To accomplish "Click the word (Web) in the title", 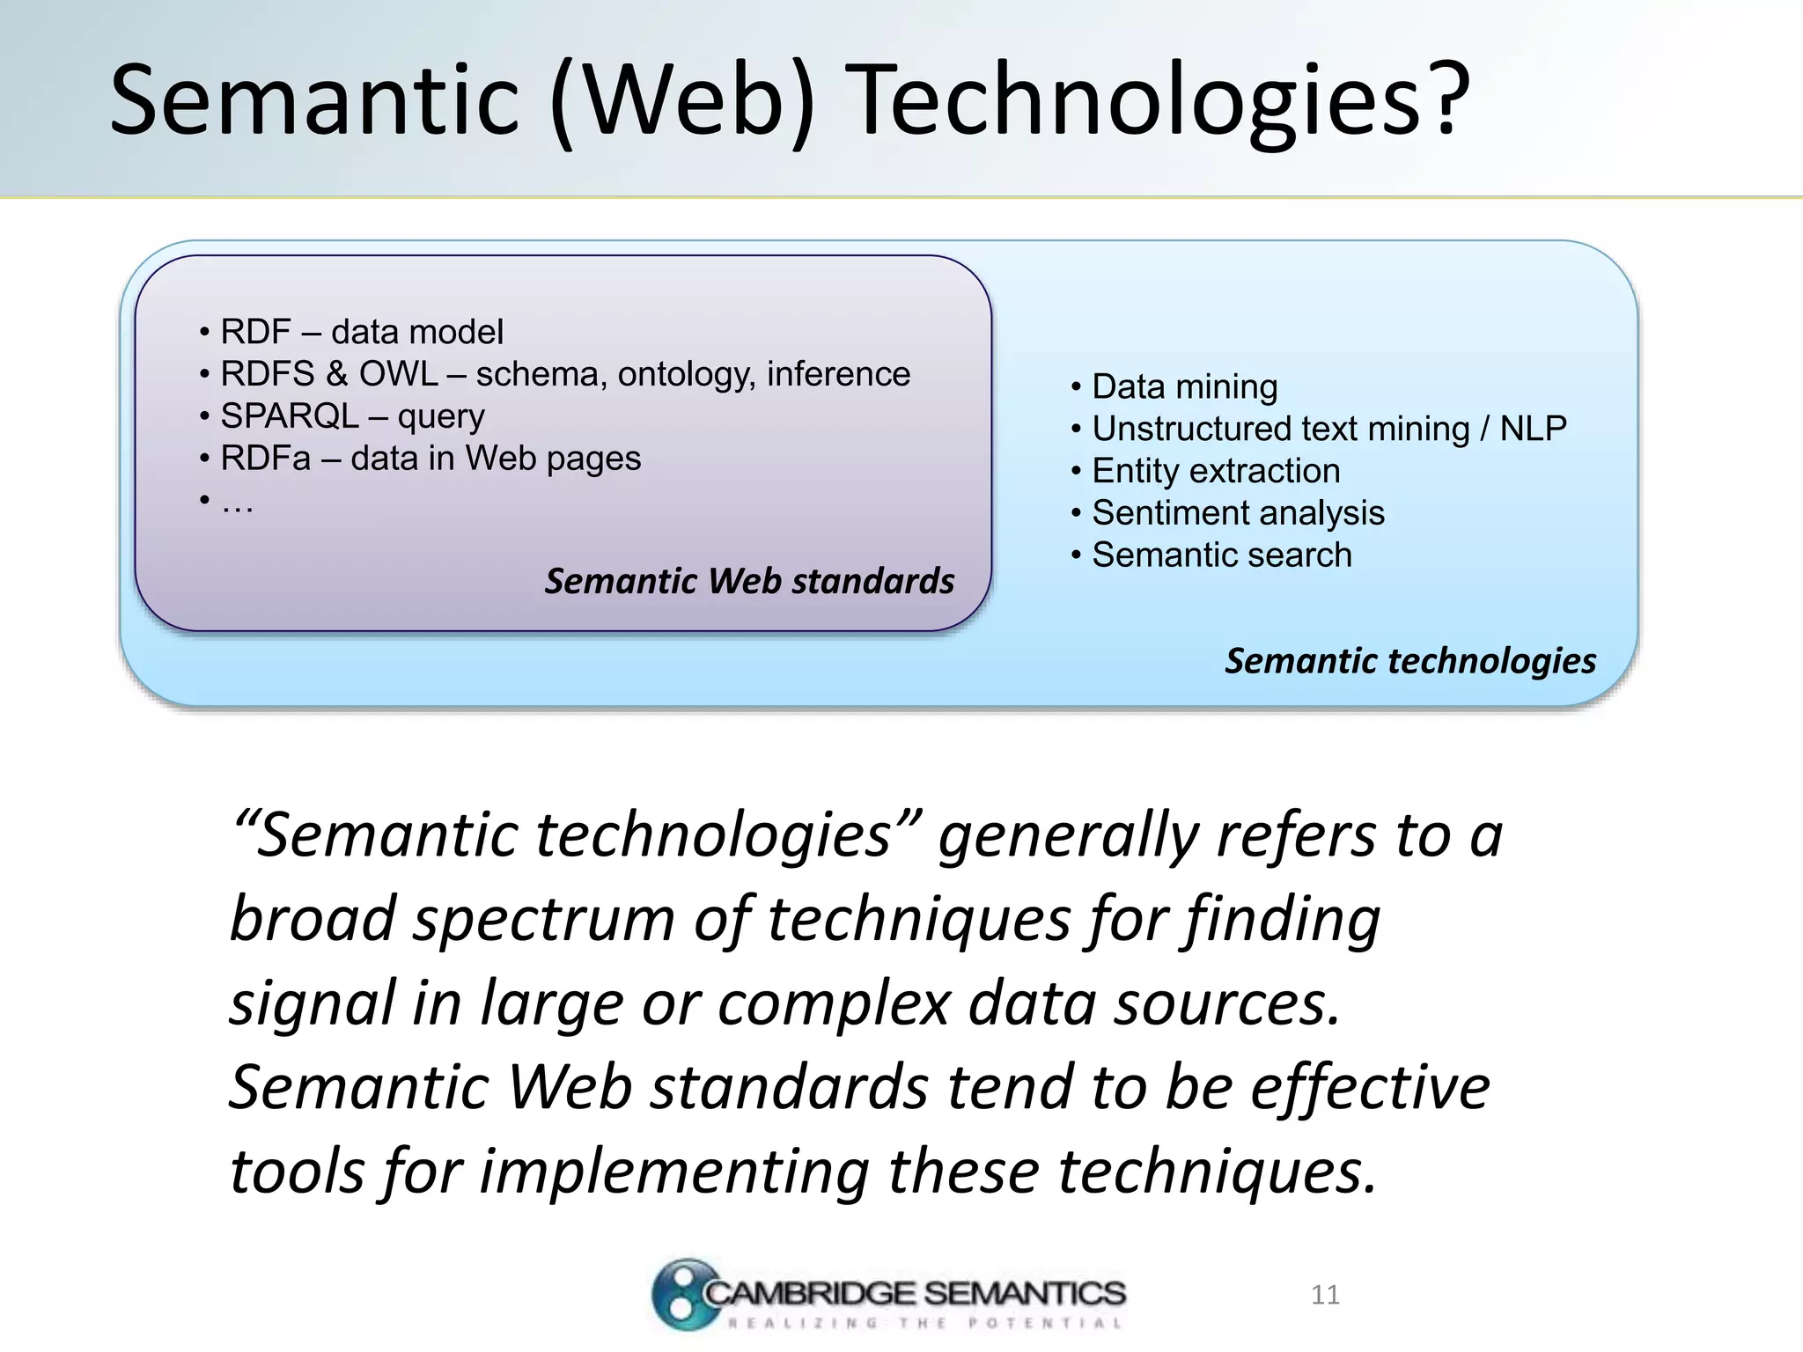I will point(683,100).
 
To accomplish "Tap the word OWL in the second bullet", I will point(398,374).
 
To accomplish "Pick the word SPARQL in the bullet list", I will point(290,416).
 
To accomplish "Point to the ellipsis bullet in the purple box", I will point(236,503).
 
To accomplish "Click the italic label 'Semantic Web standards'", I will point(749,581).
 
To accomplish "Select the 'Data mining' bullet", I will point(1184,386).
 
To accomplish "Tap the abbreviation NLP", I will point(1533,429).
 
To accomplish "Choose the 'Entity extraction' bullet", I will point(1215,471).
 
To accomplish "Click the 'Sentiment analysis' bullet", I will point(1238,513).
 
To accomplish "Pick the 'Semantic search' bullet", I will point(1221,555).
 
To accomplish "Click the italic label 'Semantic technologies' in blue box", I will point(1410,660).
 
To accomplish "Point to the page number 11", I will point(1325,1295).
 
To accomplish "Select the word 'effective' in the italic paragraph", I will point(1370,1088).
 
